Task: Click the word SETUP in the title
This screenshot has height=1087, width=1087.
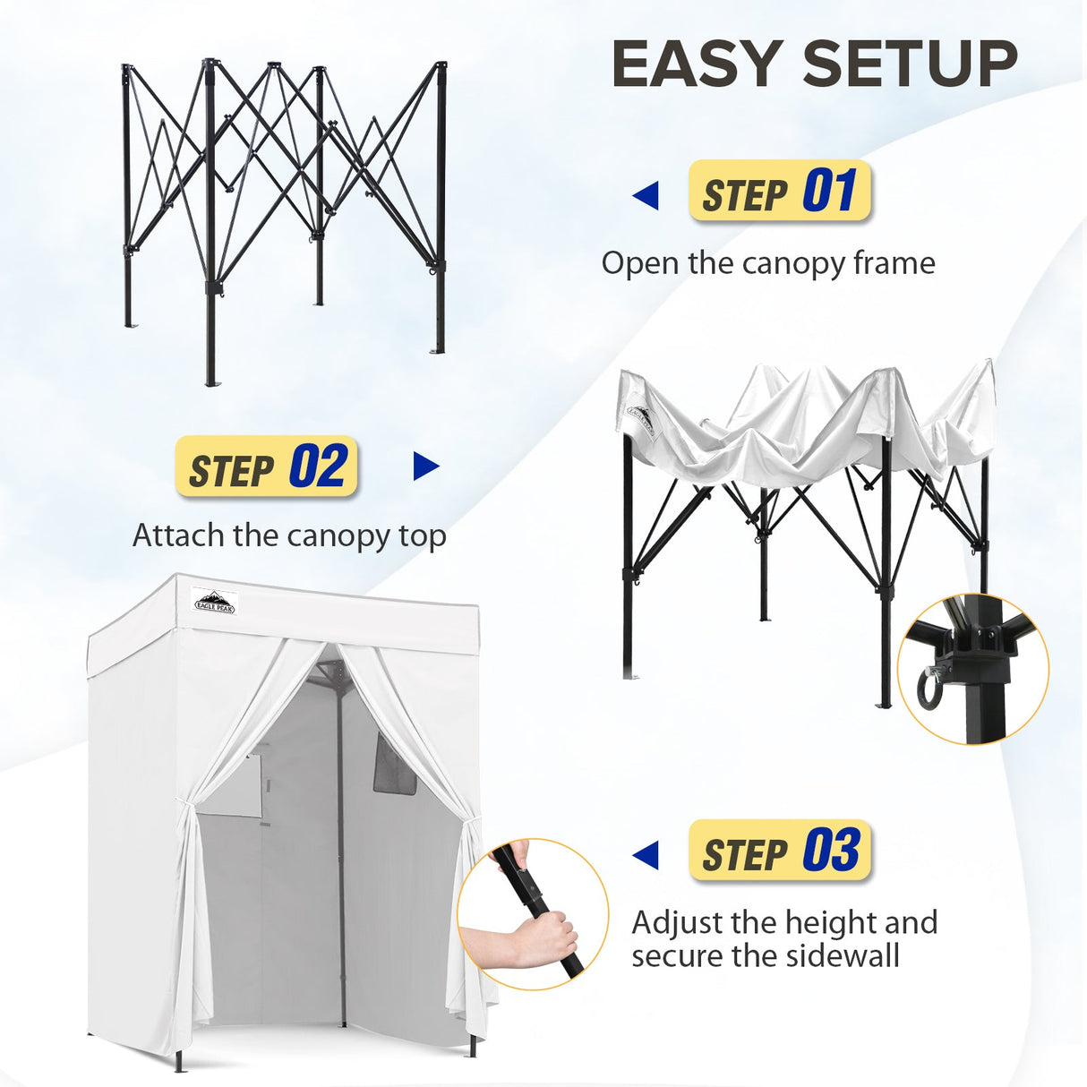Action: pyautogui.click(x=910, y=64)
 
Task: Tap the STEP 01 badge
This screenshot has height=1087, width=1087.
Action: pyautogui.click(x=779, y=192)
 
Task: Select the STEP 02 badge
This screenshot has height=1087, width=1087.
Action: pyautogui.click(x=267, y=466)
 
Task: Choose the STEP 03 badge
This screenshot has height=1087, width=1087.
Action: pyautogui.click(x=779, y=851)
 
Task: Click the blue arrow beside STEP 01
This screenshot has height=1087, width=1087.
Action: pyautogui.click(x=646, y=195)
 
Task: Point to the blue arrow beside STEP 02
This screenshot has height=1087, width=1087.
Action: pyautogui.click(x=426, y=466)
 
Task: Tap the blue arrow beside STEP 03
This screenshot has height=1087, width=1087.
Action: pyautogui.click(x=646, y=855)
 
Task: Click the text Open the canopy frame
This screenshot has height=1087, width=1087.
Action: pyautogui.click(x=767, y=263)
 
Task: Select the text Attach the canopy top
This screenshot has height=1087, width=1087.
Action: pyautogui.click(x=289, y=535)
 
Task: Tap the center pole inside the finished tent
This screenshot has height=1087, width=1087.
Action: pyautogui.click(x=340, y=851)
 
